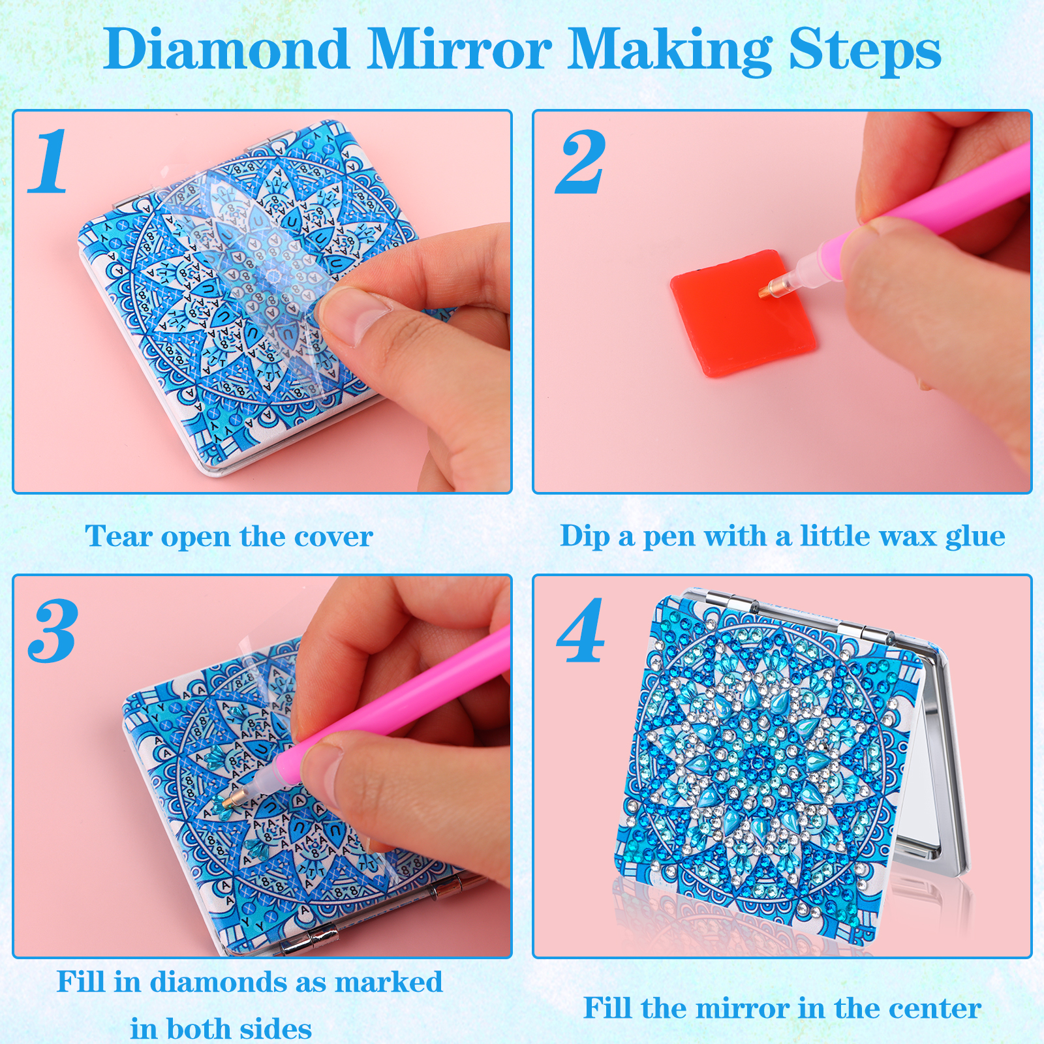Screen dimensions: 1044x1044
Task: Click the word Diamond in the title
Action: [x=226, y=49]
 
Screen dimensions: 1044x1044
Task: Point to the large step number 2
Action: [x=581, y=161]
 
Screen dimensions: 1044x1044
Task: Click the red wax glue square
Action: [x=743, y=313]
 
